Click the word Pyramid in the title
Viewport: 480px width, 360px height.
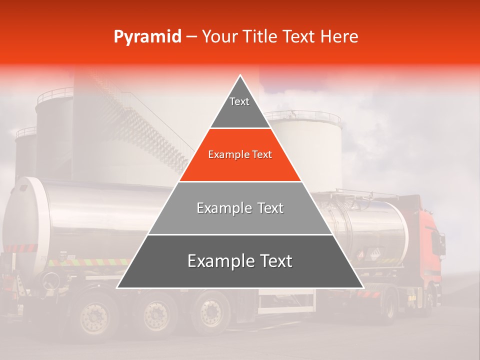(x=147, y=37)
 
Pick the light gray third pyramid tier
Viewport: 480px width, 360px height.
(x=240, y=208)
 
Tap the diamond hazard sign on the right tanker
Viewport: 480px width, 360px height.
(x=361, y=254)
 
